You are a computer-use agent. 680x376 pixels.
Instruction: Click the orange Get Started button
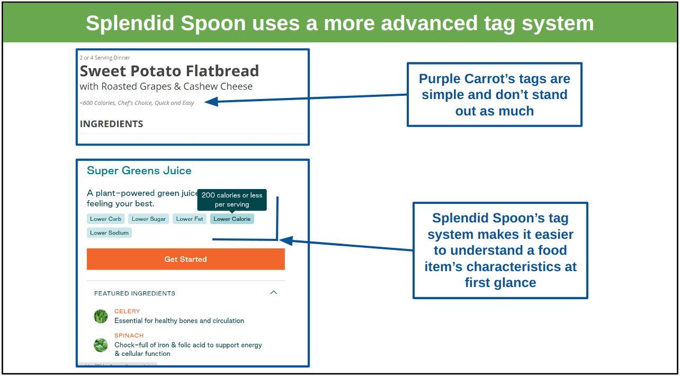click(x=186, y=259)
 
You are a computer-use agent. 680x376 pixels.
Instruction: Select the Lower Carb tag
click(x=105, y=219)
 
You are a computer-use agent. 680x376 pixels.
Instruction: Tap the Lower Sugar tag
click(x=149, y=219)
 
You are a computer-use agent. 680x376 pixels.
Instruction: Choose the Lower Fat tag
click(x=190, y=219)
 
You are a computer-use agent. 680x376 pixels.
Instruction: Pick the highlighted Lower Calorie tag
click(x=232, y=219)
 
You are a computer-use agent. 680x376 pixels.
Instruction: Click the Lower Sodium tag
click(x=109, y=233)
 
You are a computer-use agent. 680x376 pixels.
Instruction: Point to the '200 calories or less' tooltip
click(x=232, y=200)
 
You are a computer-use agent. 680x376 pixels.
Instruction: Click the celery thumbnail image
click(x=101, y=316)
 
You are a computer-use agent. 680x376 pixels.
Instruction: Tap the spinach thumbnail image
click(x=101, y=345)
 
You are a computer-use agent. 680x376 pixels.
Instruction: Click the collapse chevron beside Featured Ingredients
click(x=273, y=292)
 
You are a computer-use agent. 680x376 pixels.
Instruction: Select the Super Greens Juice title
click(x=139, y=171)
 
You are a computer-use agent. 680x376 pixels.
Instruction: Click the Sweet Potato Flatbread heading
click(x=169, y=71)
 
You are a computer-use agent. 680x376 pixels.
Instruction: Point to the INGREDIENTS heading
click(x=111, y=124)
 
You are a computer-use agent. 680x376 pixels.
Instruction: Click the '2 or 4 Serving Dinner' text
click(x=105, y=58)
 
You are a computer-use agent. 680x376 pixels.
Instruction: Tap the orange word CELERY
click(x=127, y=311)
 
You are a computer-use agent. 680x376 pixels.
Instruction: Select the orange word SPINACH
click(x=129, y=336)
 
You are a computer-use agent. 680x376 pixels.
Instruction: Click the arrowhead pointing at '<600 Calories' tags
click(x=211, y=102)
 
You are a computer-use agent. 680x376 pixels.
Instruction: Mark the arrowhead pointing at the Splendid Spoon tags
click(x=285, y=241)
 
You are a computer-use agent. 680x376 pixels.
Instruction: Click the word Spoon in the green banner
click(x=213, y=23)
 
